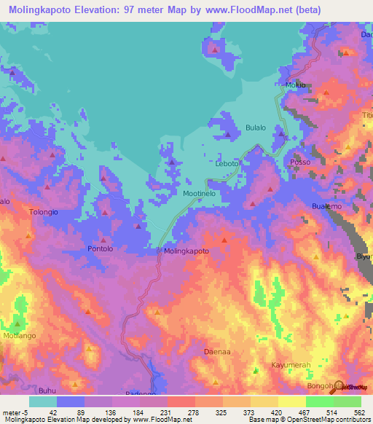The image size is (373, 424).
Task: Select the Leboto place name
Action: point(227,164)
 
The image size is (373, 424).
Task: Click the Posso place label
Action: point(300,162)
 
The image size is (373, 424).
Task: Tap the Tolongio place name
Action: point(43,212)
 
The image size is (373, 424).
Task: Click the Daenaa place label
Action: point(216,352)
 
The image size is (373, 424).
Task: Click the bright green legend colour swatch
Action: point(320,401)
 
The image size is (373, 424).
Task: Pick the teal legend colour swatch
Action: point(42,401)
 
